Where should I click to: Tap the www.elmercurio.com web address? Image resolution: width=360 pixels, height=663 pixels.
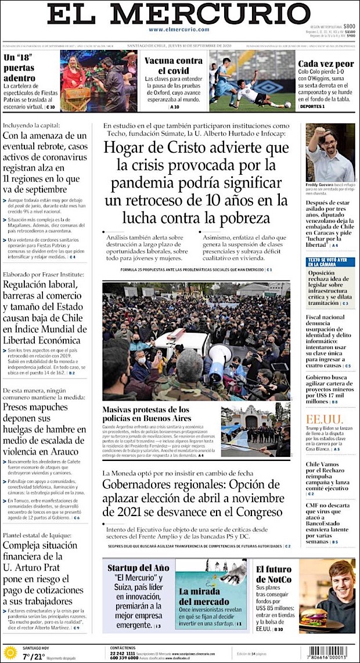(x=179, y=30)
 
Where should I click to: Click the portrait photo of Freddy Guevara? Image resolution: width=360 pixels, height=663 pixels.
(x=330, y=153)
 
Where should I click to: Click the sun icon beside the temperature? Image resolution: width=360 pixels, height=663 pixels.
(x=10, y=653)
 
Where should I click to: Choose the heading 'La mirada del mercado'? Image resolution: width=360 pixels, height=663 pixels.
(x=204, y=596)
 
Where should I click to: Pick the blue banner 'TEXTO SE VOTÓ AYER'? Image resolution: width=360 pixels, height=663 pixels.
(x=330, y=261)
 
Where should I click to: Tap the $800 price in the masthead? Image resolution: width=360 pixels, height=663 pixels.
(x=348, y=26)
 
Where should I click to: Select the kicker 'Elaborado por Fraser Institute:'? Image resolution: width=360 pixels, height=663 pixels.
(x=44, y=275)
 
